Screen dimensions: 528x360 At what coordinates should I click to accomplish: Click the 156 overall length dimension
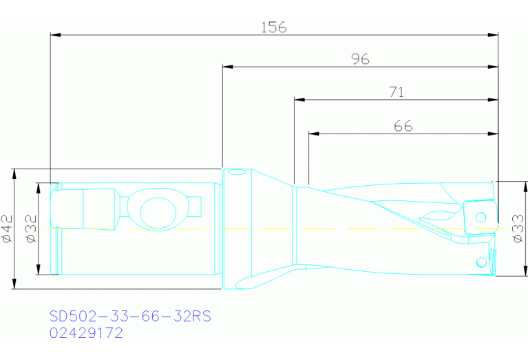pyautogui.click(x=274, y=28)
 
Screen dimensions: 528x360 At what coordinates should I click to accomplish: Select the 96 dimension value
pyautogui.click(x=360, y=59)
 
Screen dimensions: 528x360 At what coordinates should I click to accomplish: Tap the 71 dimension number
pyautogui.click(x=397, y=92)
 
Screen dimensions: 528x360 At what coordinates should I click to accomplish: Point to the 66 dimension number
pyautogui.click(x=403, y=126)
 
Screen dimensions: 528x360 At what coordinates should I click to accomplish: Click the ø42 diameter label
pyautogui.click(x=8, y=229)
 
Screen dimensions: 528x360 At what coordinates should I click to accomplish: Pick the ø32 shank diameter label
pyautogui.click(x=31, y=229)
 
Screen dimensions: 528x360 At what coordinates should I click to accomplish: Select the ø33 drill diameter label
pyautogui.click(x=518, y=229)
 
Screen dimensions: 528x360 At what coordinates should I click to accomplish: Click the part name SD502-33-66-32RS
pyautogui.click(x=130, y=316)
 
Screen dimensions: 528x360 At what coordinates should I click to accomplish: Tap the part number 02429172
pyautogui.click(x=86, y=332)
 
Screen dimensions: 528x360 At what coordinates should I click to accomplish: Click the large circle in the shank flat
pyautogui.click(x=158, y=213)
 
